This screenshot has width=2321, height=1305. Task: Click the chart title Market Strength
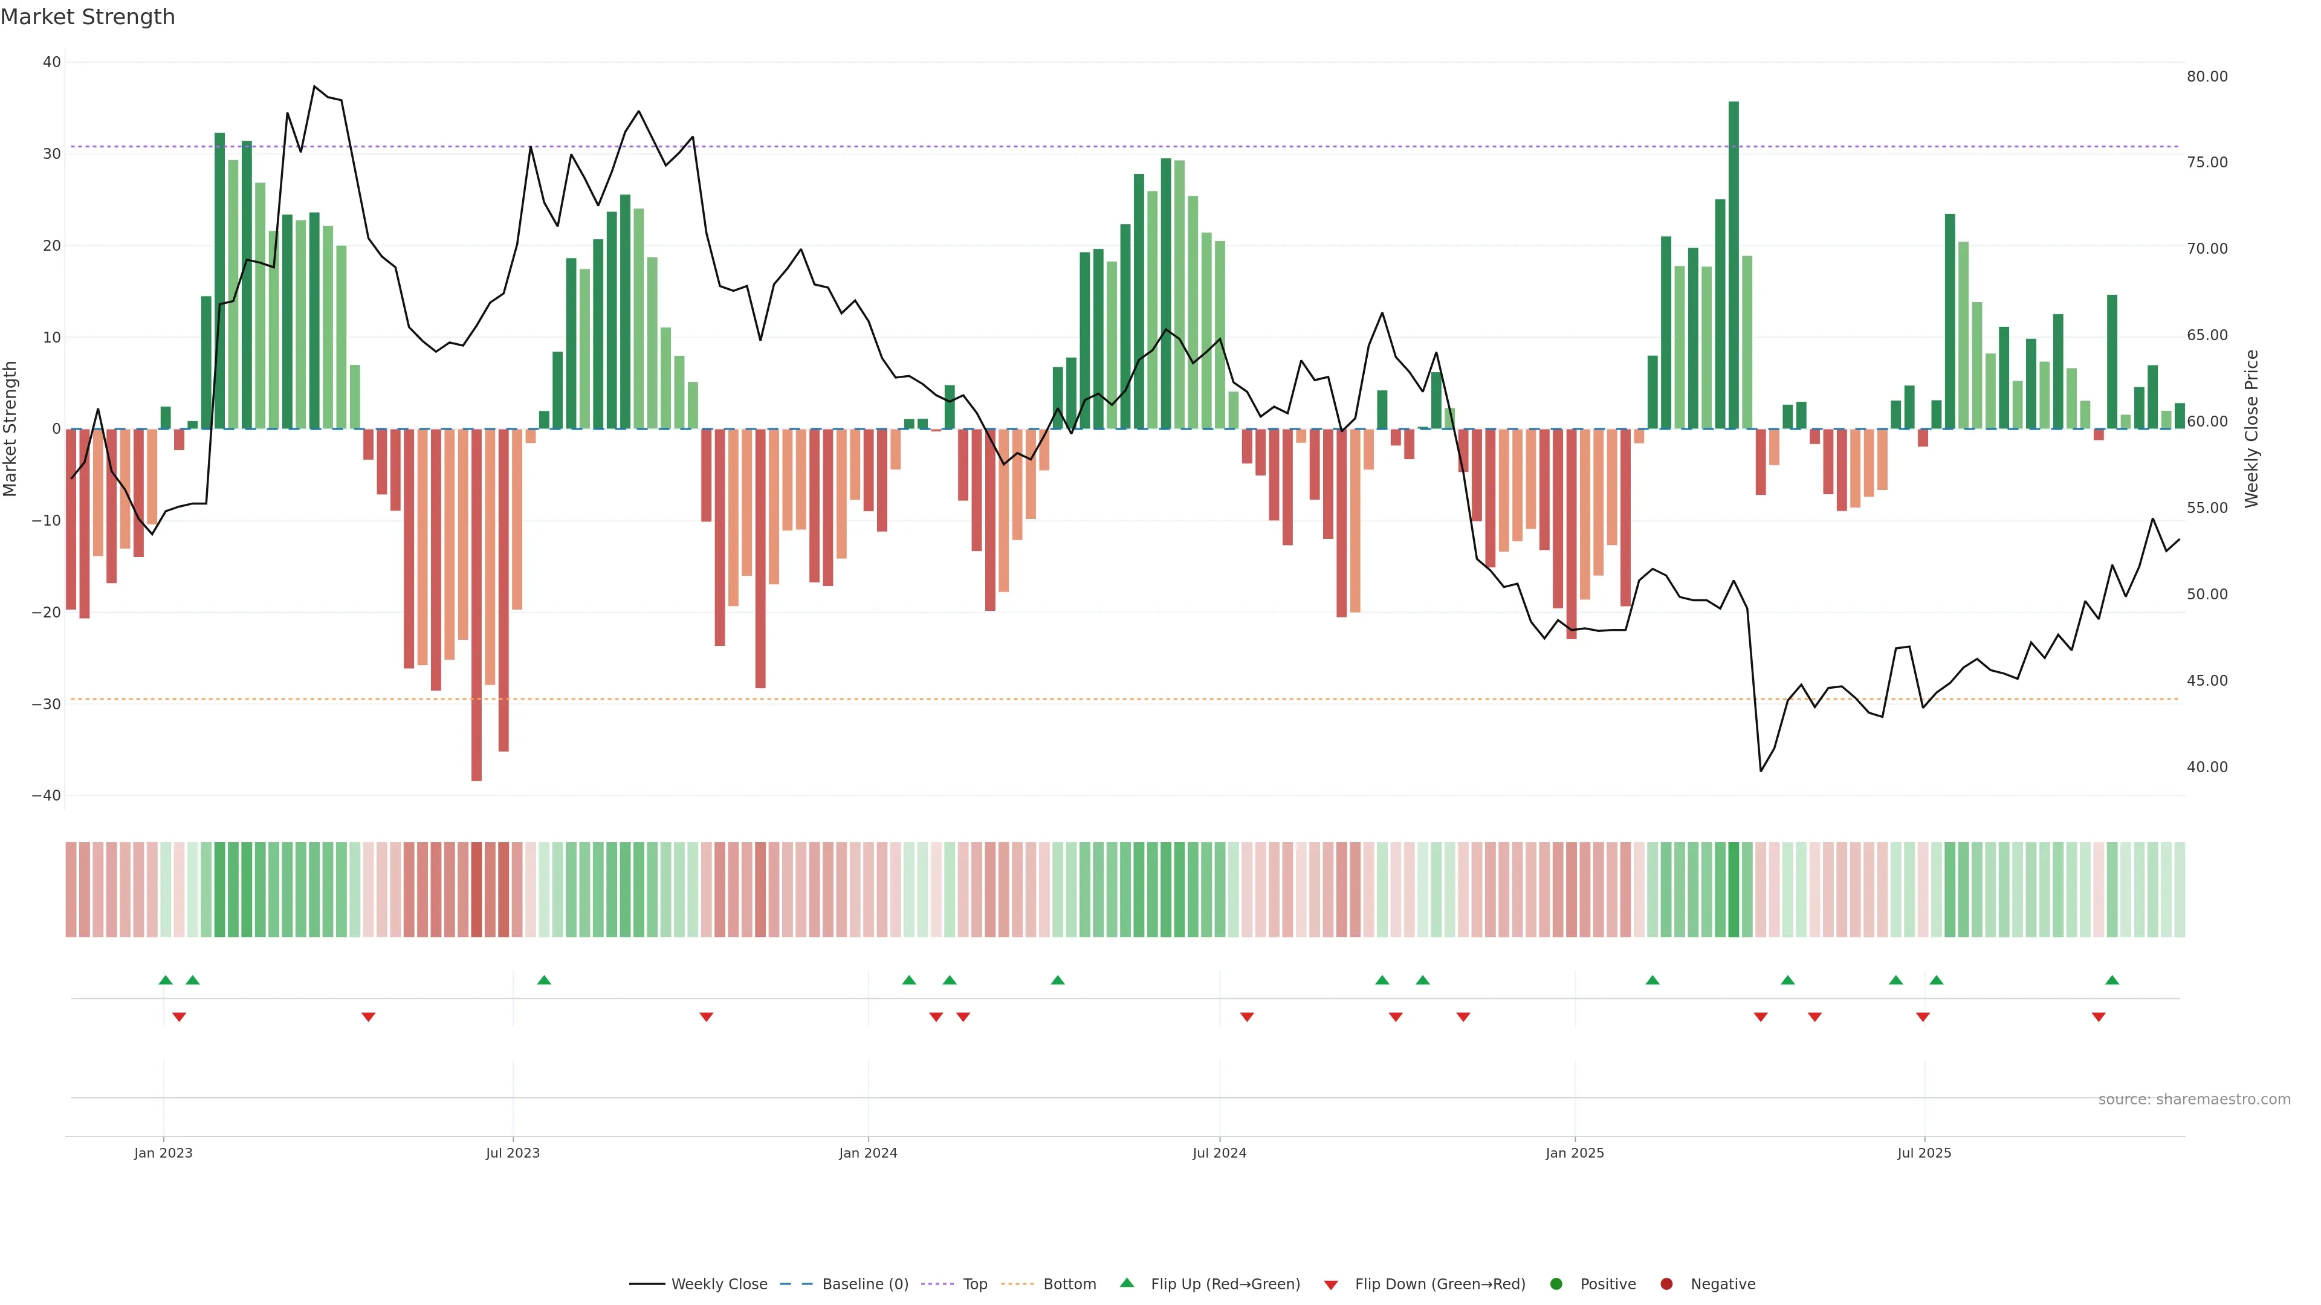88,17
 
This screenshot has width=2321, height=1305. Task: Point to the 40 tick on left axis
51,62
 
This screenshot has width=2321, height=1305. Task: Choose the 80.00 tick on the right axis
2207,77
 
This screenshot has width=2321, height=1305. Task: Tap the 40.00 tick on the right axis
2207,767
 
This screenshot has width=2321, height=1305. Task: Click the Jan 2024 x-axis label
868,1153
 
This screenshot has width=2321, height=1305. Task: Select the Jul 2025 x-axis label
1924,1153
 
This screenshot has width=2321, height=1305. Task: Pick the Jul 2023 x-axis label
513,1153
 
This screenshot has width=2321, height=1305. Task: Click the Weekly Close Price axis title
2251,429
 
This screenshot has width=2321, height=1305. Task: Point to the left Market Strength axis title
11,429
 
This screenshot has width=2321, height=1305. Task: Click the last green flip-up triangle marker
2112,980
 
